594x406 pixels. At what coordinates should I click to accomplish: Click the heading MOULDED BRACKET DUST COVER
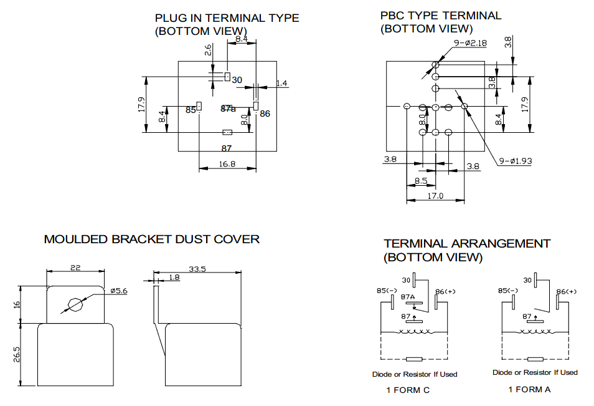pyautogui.click(x=151, y=239)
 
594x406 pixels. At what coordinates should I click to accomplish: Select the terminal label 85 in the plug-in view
pyautogui.click(x=191, y=110)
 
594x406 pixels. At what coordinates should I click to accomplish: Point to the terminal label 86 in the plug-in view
pyautogui.click(x=265, y=114)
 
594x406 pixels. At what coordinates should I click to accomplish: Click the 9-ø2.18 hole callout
pyautogui.click(x=470, y=43)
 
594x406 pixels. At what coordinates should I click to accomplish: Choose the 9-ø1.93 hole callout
pyautogui.click(x=515, y=161)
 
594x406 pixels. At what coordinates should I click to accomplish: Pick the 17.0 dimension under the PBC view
pyautogui.click(x=435, y=196)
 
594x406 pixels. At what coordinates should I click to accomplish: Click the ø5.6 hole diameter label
pyautogui.click(x=119, y=291)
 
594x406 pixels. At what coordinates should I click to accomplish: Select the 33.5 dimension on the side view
pyautogui.click(x=197, y=269)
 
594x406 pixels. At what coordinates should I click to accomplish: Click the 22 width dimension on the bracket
pyautogui.click(x=75, y=268)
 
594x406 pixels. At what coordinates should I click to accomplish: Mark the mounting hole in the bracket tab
pyautogui.click(x=75, y=305)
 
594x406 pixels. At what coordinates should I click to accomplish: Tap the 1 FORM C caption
pyautogui.click(x=408, y=390)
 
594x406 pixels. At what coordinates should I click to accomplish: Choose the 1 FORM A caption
pyautogui.click(x=529, y=389)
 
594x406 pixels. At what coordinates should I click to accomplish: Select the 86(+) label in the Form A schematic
pyautogui.click(x=567, y=291)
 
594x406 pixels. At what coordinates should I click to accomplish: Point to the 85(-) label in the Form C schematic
pyautogui.click(x=387, y=291)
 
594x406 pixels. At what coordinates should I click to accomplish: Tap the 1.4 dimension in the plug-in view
pyautogui.click(x=281, y=83)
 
